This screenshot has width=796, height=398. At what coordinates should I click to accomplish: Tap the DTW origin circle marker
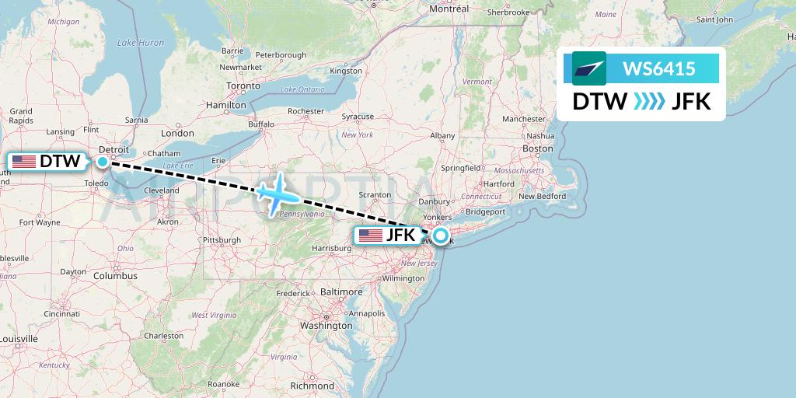coord(103,162)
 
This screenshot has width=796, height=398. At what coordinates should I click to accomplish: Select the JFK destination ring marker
coord(441,236)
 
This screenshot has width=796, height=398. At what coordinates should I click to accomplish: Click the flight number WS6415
coord(659,69)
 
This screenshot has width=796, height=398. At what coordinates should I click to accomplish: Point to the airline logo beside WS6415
coord(588,68)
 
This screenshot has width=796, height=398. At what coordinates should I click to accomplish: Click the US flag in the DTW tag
coord(24,162)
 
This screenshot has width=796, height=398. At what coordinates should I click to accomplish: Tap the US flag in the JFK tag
coord(370,236)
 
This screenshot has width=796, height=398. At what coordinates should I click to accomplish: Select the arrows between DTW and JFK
coord(649,102)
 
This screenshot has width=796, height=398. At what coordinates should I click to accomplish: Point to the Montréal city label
coord(449,9)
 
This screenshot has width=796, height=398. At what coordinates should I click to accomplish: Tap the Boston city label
coord(538,148)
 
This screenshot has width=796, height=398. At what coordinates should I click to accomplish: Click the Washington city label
coord(326,326)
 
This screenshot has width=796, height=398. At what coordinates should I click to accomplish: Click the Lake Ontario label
coord(303,89)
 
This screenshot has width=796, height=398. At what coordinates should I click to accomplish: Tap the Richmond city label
coord(312,386)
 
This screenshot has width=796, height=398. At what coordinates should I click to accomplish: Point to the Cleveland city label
coord(161,190)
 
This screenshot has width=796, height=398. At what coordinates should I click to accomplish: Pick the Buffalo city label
coord(260,124)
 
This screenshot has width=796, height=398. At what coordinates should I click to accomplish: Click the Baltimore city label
coord(341,292)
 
